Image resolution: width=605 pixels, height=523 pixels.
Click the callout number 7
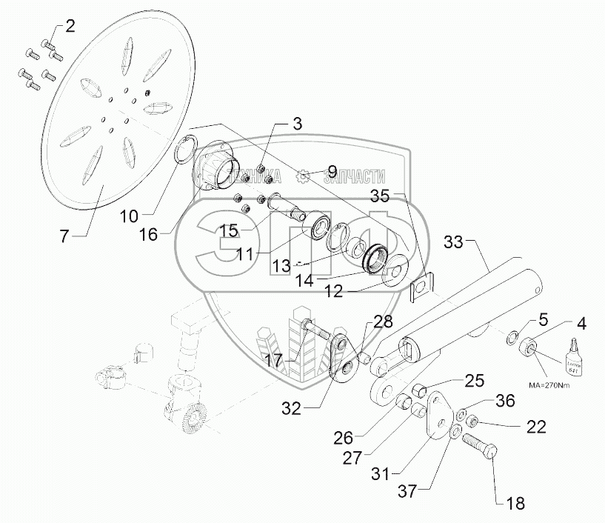[64, 237]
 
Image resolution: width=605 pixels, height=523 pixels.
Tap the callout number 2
[70, 28]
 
